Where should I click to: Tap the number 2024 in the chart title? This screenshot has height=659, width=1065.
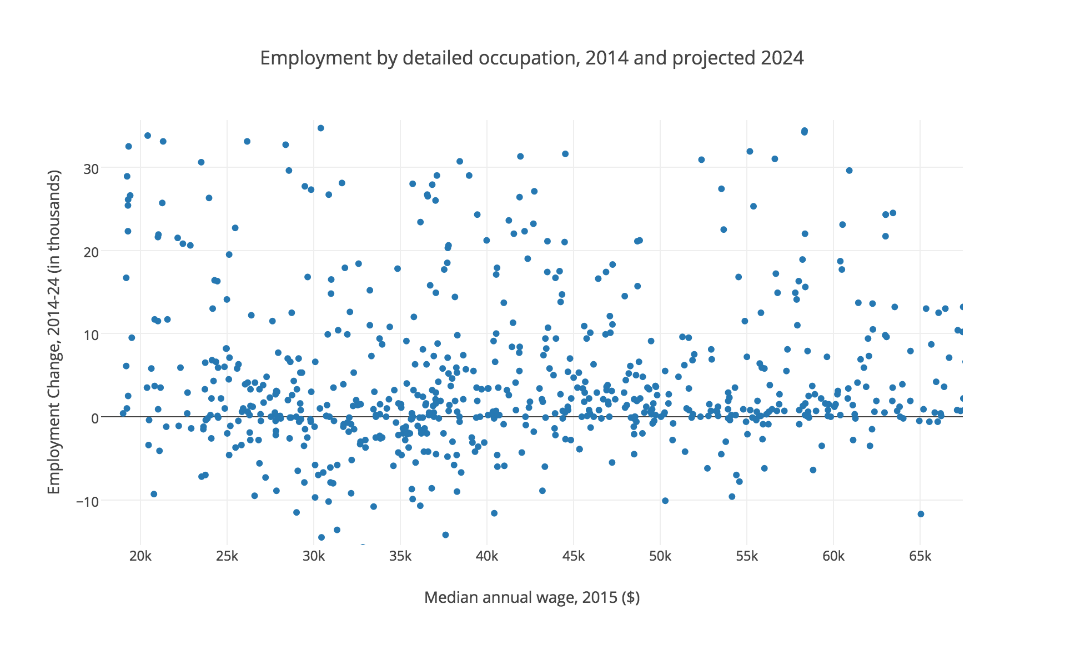[782, 58]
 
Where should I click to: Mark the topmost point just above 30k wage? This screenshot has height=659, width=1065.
[320, 128]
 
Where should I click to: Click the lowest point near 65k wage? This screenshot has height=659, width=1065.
[921, 514]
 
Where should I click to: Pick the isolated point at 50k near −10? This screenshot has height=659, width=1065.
[665, 501]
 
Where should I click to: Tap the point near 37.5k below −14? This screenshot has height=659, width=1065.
[445, 535]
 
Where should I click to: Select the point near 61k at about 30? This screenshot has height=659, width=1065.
[849, 171]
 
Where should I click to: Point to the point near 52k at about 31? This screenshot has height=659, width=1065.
[701, 159]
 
